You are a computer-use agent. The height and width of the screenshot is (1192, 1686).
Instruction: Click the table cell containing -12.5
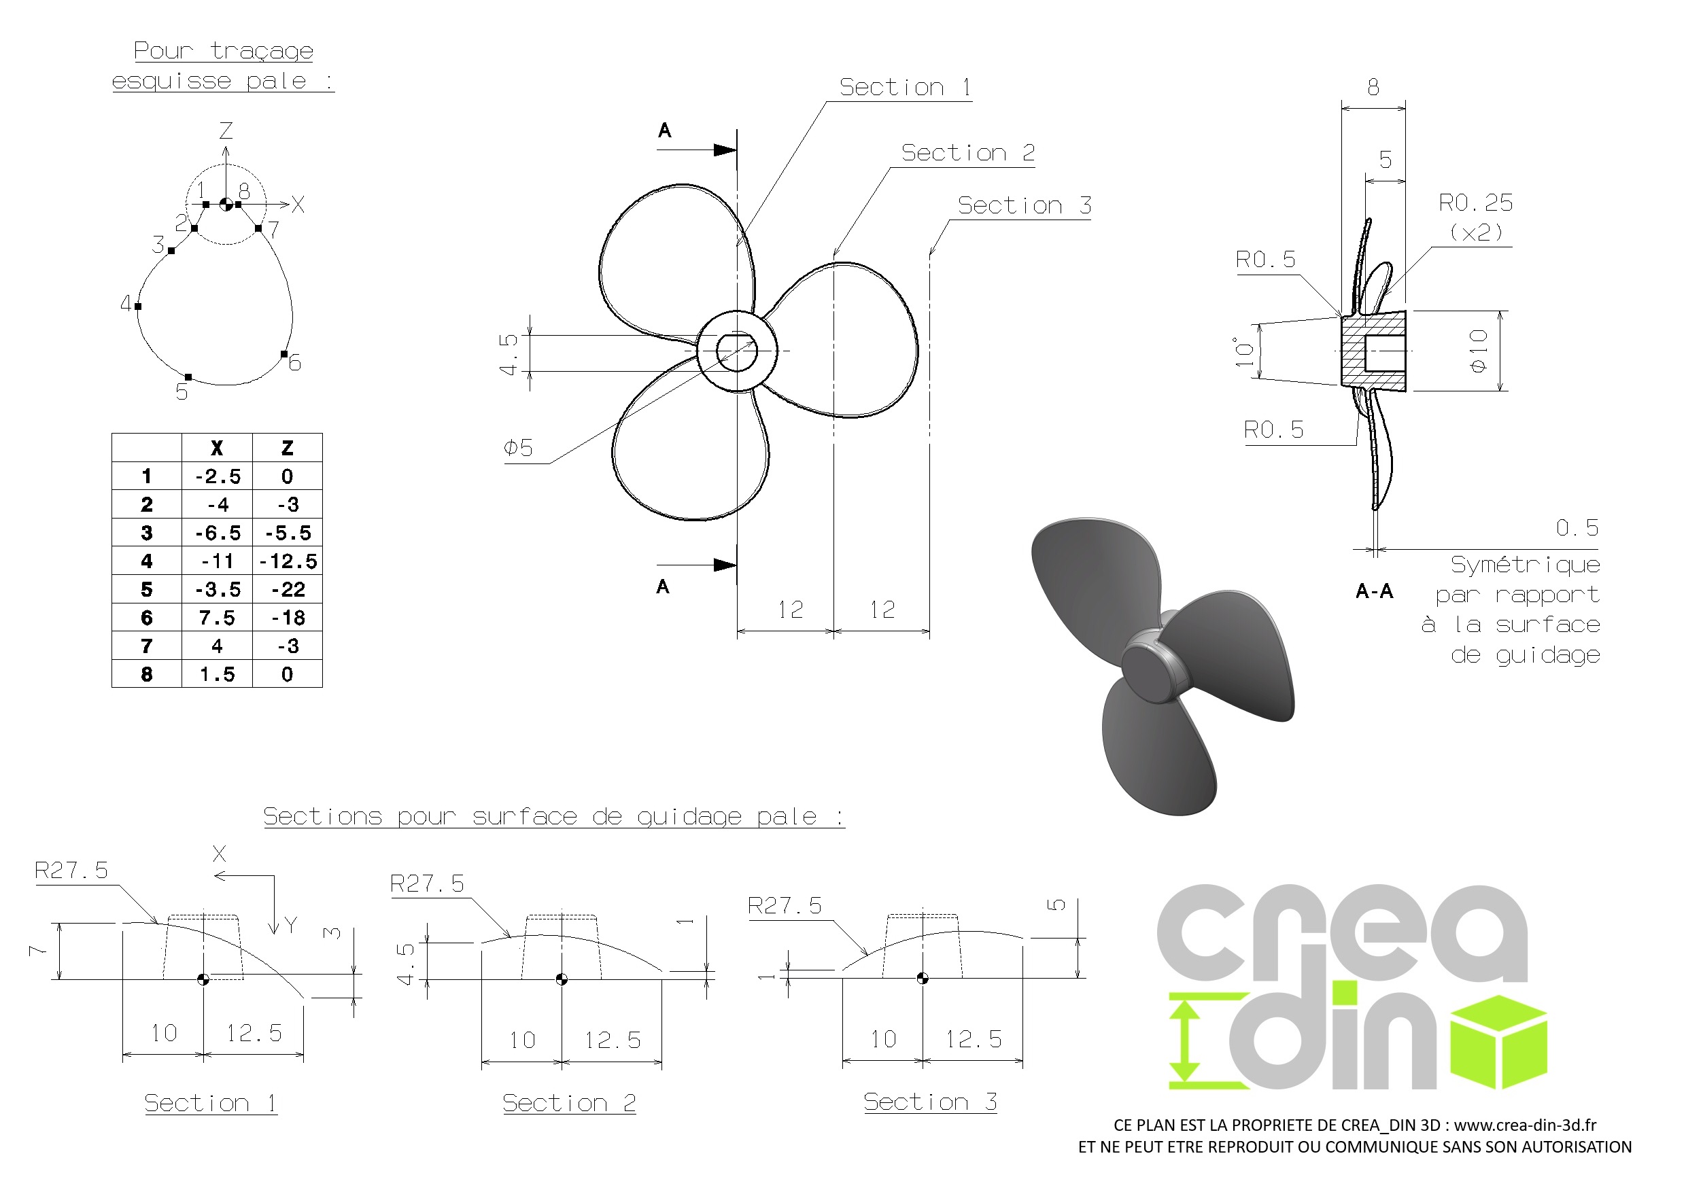[x=288, y=561]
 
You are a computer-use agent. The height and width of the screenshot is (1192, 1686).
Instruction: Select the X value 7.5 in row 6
[x=218, y=618]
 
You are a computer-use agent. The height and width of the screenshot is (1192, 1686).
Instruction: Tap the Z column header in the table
[x=288, y=448]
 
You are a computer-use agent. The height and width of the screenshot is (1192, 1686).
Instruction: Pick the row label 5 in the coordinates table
[x=147, y=589]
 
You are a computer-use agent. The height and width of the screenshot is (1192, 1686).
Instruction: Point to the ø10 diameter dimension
[x=1479, y=351]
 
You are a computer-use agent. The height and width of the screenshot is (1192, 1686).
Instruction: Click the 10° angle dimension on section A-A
[x=1244, y=351]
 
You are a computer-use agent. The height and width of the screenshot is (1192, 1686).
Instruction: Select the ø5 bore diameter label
[x=519, y=447]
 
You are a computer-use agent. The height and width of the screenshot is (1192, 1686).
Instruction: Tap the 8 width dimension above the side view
[x=1373, y=88]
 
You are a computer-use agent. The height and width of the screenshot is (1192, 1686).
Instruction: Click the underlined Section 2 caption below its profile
[x=569, y=1102]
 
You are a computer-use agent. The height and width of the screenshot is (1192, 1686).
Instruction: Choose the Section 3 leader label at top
[x=1025, y=205]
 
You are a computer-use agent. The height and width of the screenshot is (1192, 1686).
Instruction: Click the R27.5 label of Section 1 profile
[x=71, y=871]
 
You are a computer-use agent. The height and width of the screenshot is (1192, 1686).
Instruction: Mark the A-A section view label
[x=1374, y=592]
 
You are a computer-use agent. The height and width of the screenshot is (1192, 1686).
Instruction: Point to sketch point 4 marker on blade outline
[x=138, y=306]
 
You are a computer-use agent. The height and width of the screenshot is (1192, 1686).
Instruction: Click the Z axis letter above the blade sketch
[x=226, y=130]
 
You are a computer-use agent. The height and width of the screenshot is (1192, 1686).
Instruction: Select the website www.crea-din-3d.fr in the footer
[x=1525, y=1125]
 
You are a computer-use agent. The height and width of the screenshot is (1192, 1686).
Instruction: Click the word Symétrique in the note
[x=1525, y=565]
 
